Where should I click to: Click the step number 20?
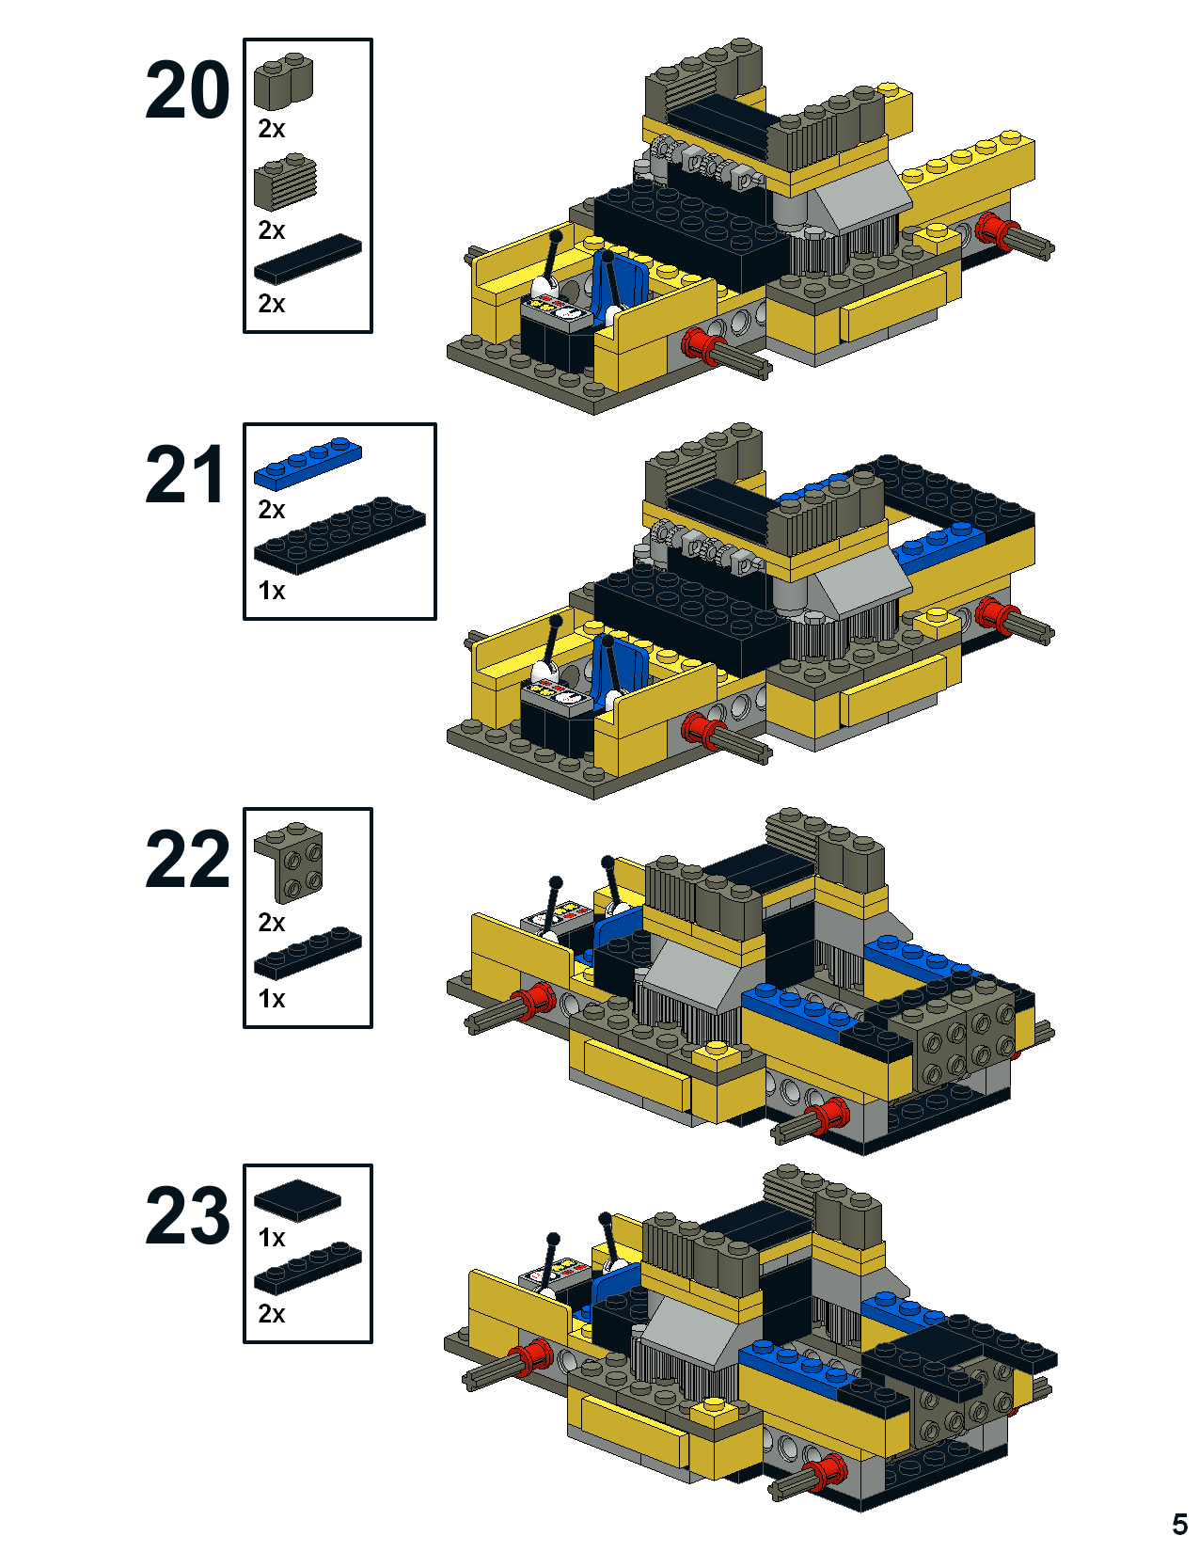(187, 90)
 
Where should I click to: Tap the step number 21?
(185, 475)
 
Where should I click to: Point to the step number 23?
(187, 1215)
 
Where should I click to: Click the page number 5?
(1179, 1524)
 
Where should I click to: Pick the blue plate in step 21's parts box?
(308, 463)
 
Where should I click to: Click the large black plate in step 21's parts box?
(339, 535)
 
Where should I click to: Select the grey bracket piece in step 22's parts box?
(290, 862)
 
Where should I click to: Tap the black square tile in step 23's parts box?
(297, 1200)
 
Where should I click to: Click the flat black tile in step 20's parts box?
(308, 259)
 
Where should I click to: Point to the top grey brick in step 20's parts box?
(283, 80)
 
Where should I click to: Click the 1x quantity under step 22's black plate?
(272, 999)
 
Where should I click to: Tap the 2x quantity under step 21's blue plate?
(272, 510)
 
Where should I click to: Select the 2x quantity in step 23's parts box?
(272, 1313)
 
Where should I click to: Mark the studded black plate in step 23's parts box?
(308, 1269)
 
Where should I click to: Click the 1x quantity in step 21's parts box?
(272, 591)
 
